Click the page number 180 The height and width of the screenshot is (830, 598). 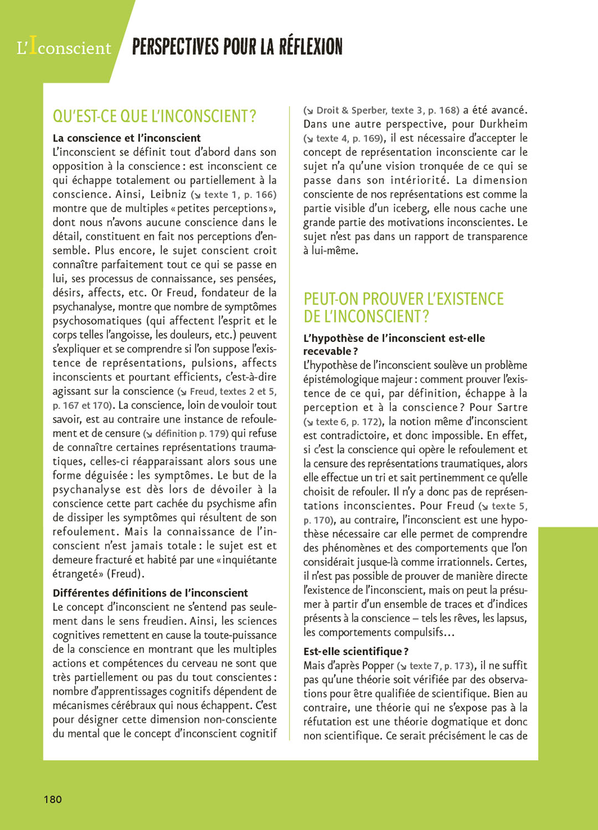click(x=53, y=799)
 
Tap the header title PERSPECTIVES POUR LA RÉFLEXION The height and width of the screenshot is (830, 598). click(x=237, y=47)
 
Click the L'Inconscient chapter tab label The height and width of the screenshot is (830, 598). click(x=64, y=48)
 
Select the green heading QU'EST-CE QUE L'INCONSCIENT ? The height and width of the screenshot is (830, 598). click(x=154, y=116)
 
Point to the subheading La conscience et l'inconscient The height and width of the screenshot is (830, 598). click(x=127, y=138)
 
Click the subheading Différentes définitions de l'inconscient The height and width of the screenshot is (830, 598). click(x=150, y=593)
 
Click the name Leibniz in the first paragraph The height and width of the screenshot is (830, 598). click(x=168, y=194)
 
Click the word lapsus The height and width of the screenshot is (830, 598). click(x=511, y=618)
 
